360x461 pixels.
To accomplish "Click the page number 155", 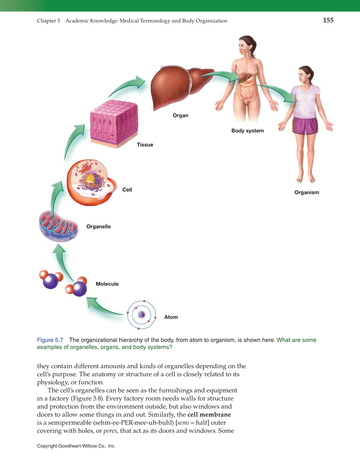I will point(328,20).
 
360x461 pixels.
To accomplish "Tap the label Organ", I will point(180,115).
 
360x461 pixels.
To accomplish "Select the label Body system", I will point(247,131).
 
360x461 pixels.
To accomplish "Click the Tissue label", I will point(145,145).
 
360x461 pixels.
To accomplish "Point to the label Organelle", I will point(98,227).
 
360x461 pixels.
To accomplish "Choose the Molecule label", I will point(107,284).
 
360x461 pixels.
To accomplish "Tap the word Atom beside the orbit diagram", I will point(171,317).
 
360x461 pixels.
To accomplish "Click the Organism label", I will point(306,192).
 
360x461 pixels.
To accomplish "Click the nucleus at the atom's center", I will point(142,315).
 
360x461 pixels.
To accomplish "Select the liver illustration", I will point(174,86).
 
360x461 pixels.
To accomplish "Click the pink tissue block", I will point(114,123).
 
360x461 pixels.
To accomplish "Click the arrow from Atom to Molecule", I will point(103,307).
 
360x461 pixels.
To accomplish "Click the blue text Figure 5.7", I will point(50,340).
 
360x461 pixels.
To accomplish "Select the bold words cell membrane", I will point(209,415).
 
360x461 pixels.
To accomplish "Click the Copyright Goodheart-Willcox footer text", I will point(76,446).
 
